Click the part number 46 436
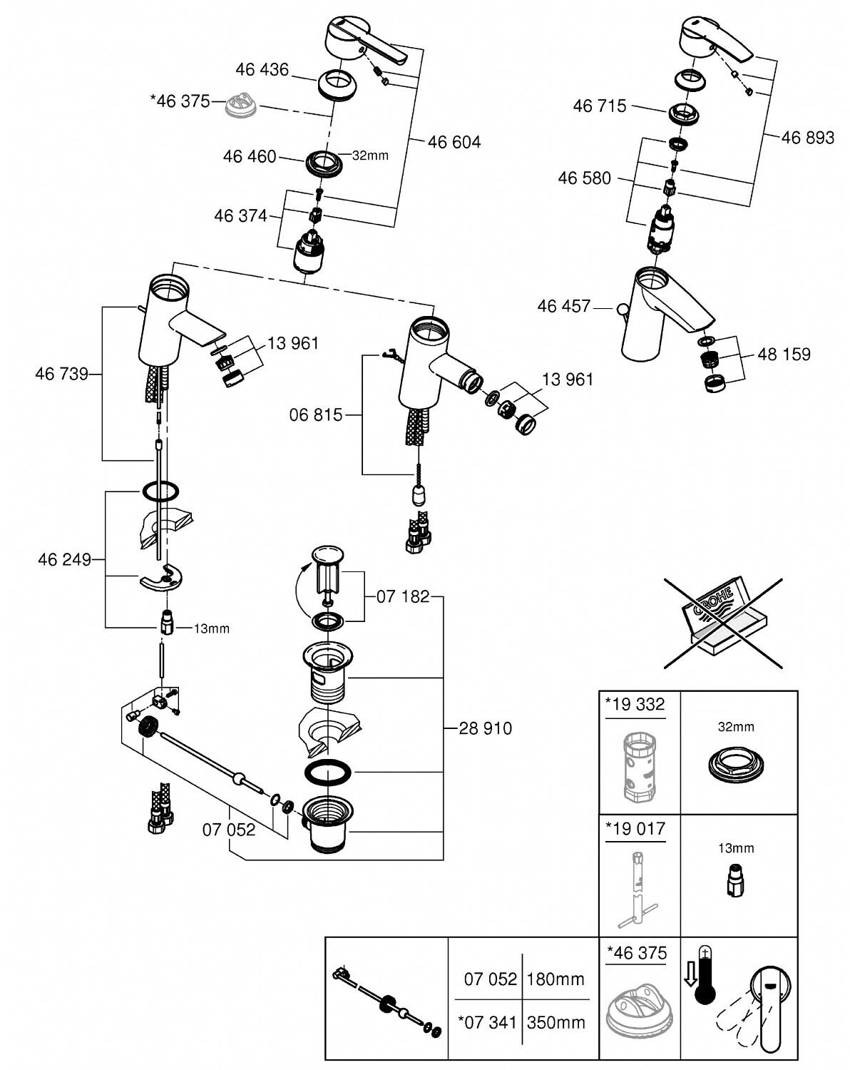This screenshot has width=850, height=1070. [262, 69]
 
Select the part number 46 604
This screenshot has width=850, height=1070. [454, 142]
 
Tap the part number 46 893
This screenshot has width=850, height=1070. [807, 137]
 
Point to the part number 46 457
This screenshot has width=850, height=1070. [564, 306]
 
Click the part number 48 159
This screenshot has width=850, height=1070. [784, 354]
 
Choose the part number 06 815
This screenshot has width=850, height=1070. [316, 414]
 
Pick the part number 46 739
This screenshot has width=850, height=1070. [61, 373]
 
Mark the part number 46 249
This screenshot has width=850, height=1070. [64, 560]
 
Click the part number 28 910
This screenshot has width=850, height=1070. [485, 728]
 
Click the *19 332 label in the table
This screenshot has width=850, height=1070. [635, 705]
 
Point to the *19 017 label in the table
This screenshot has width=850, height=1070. [635, 829]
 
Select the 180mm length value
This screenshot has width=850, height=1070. [555, 979]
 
